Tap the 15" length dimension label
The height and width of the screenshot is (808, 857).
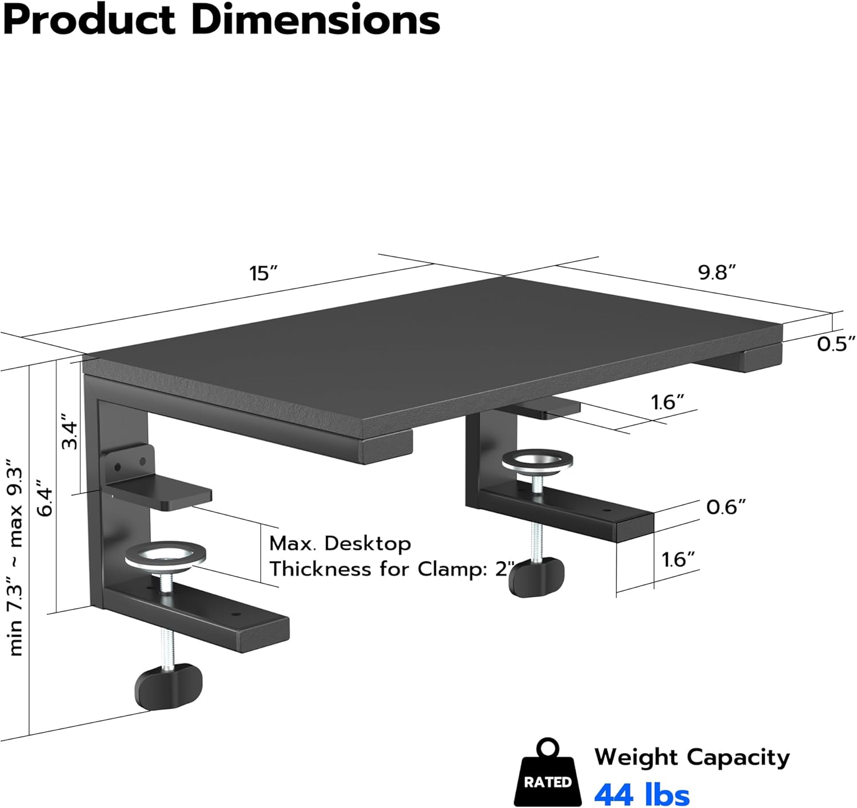[263, 274]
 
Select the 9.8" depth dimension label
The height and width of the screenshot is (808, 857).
[717, 273]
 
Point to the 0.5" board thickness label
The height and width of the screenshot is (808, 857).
[836, 344]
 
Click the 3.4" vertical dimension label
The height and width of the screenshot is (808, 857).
[70, 431]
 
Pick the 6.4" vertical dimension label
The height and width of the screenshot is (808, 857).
[45, 501]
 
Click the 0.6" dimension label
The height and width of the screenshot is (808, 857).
[726, 507]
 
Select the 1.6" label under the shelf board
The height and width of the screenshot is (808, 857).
[667, 402]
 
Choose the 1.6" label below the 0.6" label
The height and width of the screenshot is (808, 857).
[678, 559]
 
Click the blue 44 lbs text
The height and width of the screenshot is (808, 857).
[642, 794]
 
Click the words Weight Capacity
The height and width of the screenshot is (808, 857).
[692, 757]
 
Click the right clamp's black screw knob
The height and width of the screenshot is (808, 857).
[536, 577]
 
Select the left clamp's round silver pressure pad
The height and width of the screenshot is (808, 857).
[165, 555]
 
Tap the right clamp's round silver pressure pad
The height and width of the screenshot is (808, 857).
[538, 461]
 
